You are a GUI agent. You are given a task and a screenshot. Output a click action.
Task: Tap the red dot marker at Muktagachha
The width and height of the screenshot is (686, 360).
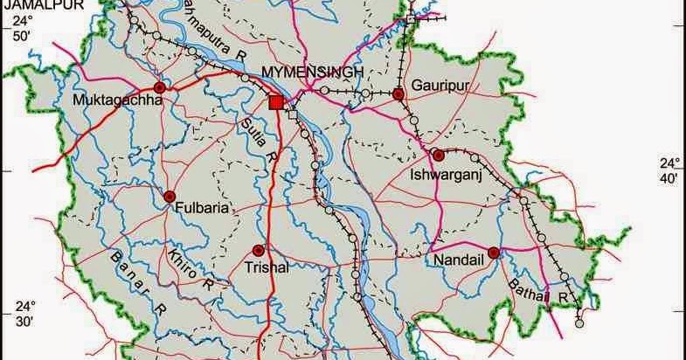coord(160,87)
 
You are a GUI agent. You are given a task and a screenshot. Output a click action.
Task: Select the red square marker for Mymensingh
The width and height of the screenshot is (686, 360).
coord(276,103)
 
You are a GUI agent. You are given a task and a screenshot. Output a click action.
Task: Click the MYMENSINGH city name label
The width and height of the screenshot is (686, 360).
coord(312,72)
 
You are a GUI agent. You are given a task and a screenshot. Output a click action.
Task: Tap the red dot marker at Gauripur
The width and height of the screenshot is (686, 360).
coord(398,93)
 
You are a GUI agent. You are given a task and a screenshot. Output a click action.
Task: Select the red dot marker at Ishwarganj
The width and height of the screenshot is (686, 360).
coord(439,155)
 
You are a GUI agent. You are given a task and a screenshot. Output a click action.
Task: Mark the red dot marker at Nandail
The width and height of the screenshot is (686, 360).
coord(494,253)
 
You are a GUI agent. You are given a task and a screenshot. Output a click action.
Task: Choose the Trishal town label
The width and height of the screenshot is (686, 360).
coord(267,268)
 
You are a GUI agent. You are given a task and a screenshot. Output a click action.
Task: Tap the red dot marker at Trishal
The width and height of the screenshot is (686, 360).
coord(258,250)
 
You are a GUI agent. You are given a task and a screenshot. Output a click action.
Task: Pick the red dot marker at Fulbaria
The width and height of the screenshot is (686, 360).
coord(170,197)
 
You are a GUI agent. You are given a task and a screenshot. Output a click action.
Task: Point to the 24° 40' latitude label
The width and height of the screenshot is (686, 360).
coord(669,170)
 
